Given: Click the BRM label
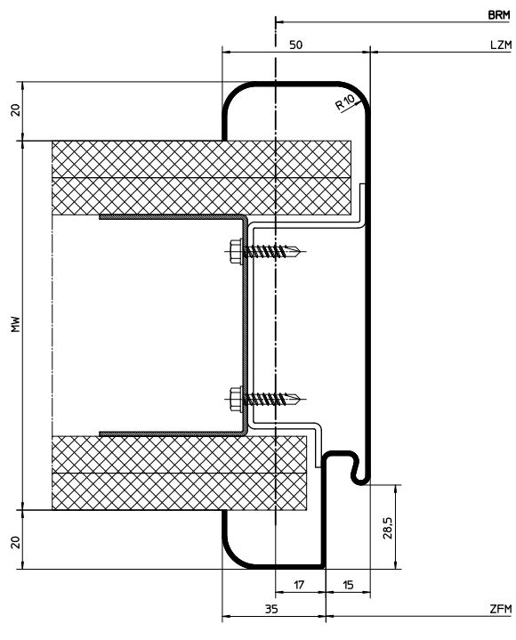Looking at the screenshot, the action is (499, 15).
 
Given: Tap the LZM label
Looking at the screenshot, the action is (501, 45).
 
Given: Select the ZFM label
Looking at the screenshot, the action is (501, 609).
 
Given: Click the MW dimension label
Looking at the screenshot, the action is (16, 324).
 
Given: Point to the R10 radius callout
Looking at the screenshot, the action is (345, 102).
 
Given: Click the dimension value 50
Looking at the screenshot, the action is (295, 45).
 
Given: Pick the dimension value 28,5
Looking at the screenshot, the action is (388, 528).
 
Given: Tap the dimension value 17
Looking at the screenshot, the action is (299, 585).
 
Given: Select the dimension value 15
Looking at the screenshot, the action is (348, 585).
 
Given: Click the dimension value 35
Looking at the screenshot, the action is (271, 609).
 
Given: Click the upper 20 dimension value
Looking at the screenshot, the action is (15, 110).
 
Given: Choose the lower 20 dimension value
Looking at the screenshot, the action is (15, 542).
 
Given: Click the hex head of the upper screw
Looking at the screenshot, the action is (236, 252).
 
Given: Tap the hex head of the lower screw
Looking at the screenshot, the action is (236, 399).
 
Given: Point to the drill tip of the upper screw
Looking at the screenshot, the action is (301, 250).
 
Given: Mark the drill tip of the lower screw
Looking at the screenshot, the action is (301, 397).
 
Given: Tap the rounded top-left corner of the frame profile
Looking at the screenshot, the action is (231, 92).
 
